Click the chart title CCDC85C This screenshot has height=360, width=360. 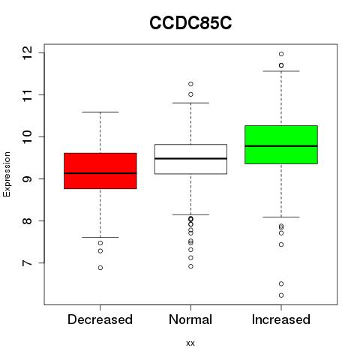(190, 23)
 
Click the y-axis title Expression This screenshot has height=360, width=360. (7, 174)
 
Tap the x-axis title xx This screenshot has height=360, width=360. (190, 343)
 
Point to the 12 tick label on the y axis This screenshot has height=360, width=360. (26, 53)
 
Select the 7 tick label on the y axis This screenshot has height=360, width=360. (26, 263)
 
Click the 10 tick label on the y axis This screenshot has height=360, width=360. (26, 137)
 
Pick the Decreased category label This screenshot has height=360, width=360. (100, 319)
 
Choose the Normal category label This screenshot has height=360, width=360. (190, 319)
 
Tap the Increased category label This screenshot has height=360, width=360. (281, 319)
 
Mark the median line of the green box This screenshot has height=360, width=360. (281, 146)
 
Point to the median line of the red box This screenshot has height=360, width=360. (100, 173)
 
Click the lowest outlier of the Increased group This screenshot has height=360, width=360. (281, 295)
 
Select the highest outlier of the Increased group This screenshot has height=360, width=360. (281, 54)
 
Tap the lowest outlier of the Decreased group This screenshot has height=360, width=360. (100, 268)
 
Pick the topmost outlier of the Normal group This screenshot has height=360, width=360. (190, 84)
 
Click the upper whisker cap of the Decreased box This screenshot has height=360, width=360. (100, 112)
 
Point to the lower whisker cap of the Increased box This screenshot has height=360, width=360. (281, 217)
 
